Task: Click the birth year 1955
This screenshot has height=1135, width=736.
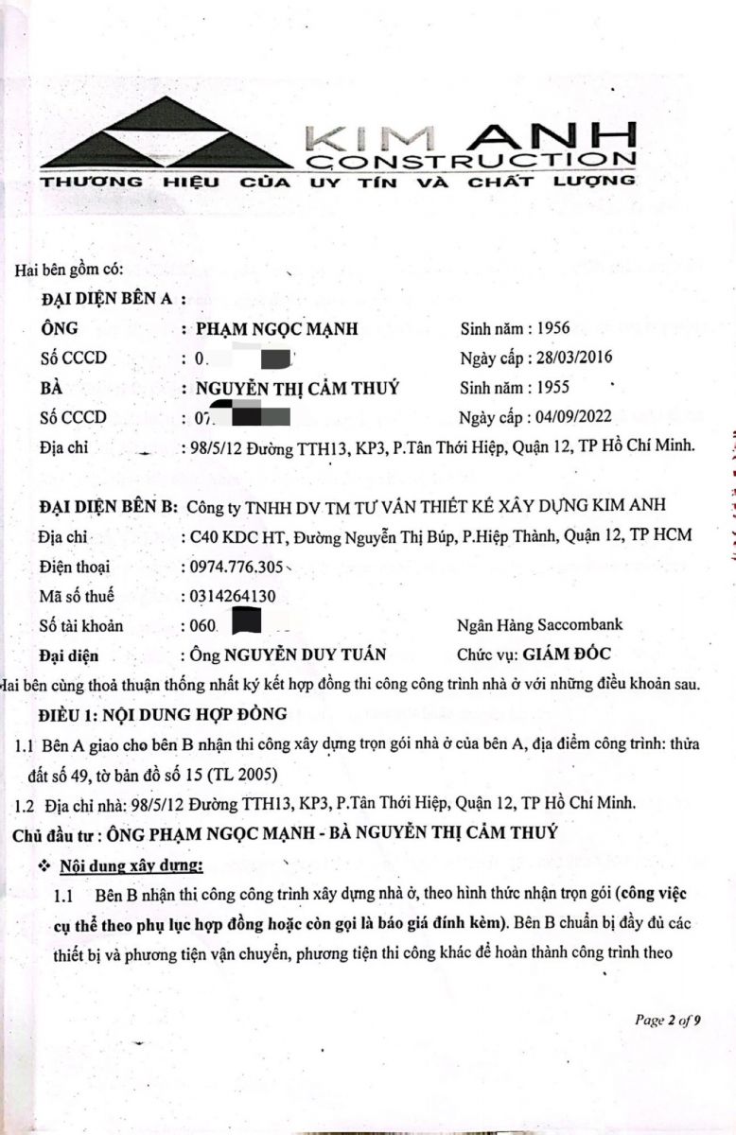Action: [x=552, y=388]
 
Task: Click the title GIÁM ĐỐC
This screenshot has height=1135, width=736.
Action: [x=560, y=654]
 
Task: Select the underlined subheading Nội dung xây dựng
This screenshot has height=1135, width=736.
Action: [x=131, y=865]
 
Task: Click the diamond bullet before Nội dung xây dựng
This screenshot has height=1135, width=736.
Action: [x=43, y=866]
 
